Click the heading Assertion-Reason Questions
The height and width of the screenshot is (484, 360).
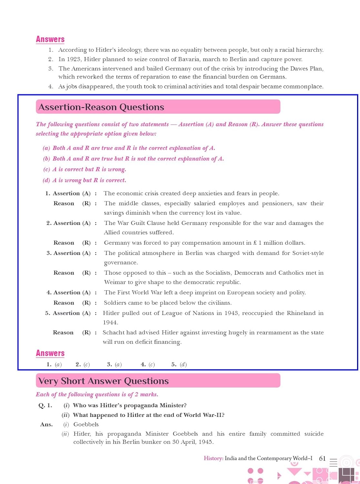pos(101,107)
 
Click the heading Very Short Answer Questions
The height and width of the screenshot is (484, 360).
pos(103,381)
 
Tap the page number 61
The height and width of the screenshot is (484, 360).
pos(322,458)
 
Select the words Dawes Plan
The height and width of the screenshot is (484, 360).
pos(307,68)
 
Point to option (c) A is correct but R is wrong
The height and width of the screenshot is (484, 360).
pos(85,169)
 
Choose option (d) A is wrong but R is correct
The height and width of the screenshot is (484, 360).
pos(85,180)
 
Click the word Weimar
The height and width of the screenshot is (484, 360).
pos(114,282)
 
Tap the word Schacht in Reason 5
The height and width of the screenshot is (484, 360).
pos(114,332)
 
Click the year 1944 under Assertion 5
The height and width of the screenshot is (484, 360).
pos(110,322)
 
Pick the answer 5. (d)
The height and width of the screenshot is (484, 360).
pos(179,364)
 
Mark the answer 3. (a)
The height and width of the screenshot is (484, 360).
pos(115,364)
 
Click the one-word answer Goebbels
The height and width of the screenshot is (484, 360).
pos(86,424)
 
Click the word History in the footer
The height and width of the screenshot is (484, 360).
pos(213,458)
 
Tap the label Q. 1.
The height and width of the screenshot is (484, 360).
pos(45,406)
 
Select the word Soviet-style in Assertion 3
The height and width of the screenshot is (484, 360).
pos(308,253)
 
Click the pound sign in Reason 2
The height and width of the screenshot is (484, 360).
pos(255,243)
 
